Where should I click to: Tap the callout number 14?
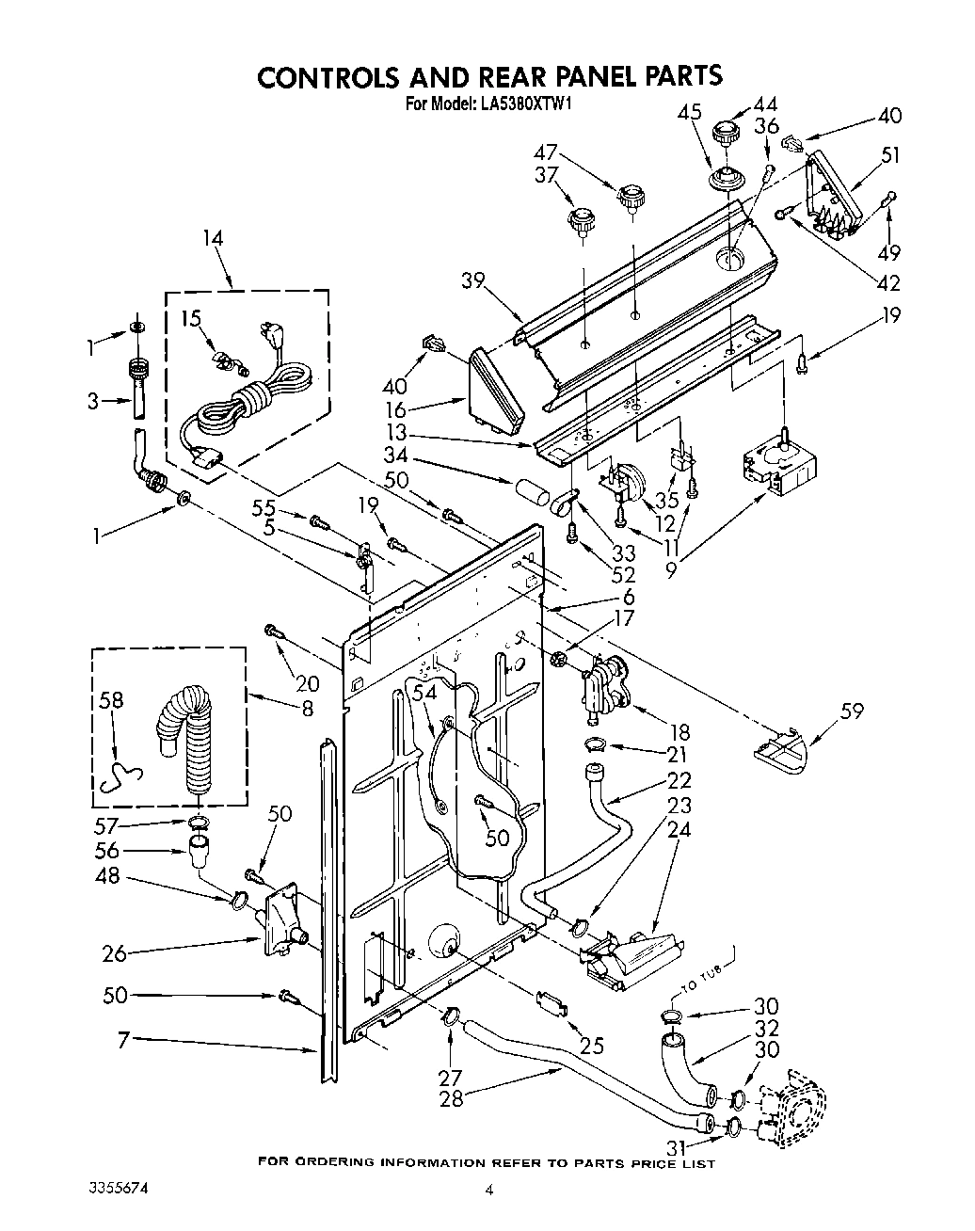(x=214, y=238)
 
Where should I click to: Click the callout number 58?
(x=111, y=700)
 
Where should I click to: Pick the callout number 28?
(x=452, y=1097)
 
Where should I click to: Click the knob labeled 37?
(x=580, y=224)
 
